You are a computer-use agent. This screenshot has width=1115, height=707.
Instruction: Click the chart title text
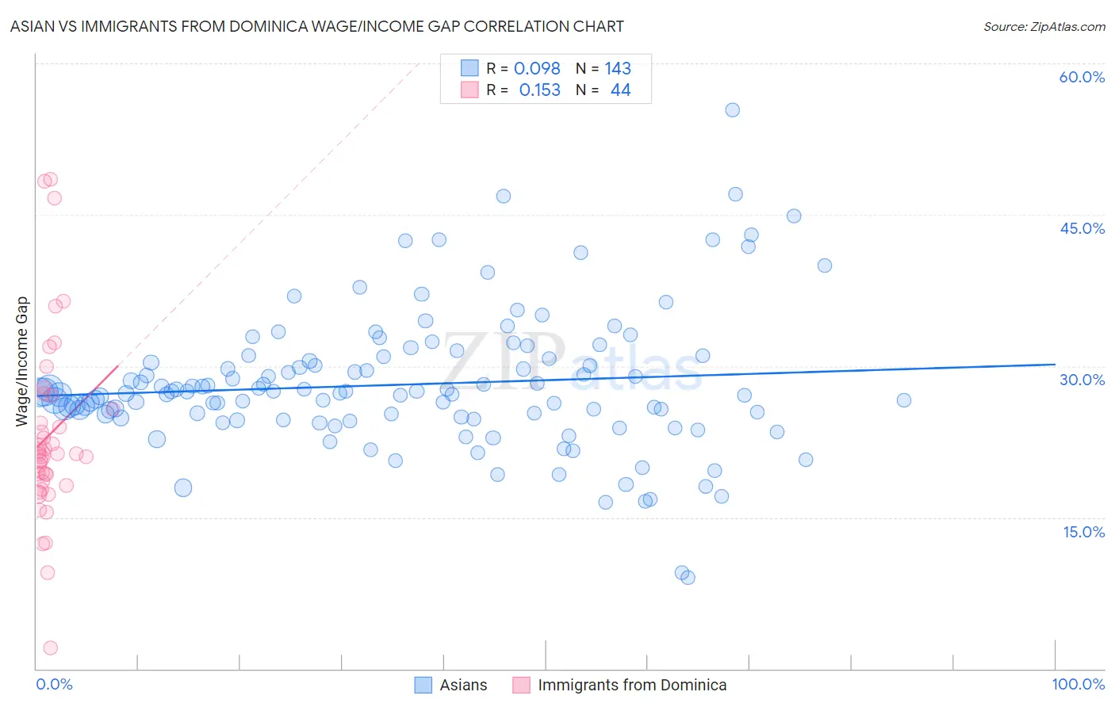316,27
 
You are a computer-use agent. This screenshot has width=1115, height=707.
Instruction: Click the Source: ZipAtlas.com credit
1044,27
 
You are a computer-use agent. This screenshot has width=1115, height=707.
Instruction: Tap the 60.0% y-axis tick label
1082,78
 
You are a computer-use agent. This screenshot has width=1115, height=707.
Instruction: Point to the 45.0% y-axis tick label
1082,228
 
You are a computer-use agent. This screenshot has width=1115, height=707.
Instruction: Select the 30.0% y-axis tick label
1082,380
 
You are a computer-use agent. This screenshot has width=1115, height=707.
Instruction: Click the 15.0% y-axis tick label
1083,532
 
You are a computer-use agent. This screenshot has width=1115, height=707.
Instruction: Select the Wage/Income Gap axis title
22,361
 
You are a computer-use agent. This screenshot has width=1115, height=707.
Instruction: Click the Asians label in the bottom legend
463,686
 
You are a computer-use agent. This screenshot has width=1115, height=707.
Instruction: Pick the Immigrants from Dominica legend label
632,686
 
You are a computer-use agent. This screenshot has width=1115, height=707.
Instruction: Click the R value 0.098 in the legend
537,69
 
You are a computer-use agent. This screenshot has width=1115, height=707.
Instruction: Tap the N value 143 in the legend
618,69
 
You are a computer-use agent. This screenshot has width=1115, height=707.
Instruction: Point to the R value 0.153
539,90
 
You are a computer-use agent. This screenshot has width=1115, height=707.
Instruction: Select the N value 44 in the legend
620,90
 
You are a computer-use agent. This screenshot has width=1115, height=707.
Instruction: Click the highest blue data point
733,110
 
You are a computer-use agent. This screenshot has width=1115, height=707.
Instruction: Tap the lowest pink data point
50,648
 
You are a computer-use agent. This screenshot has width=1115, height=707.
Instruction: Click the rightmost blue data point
903,400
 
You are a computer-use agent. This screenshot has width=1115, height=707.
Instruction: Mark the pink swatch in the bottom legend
521,686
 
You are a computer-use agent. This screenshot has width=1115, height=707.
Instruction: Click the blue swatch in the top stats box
469,69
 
